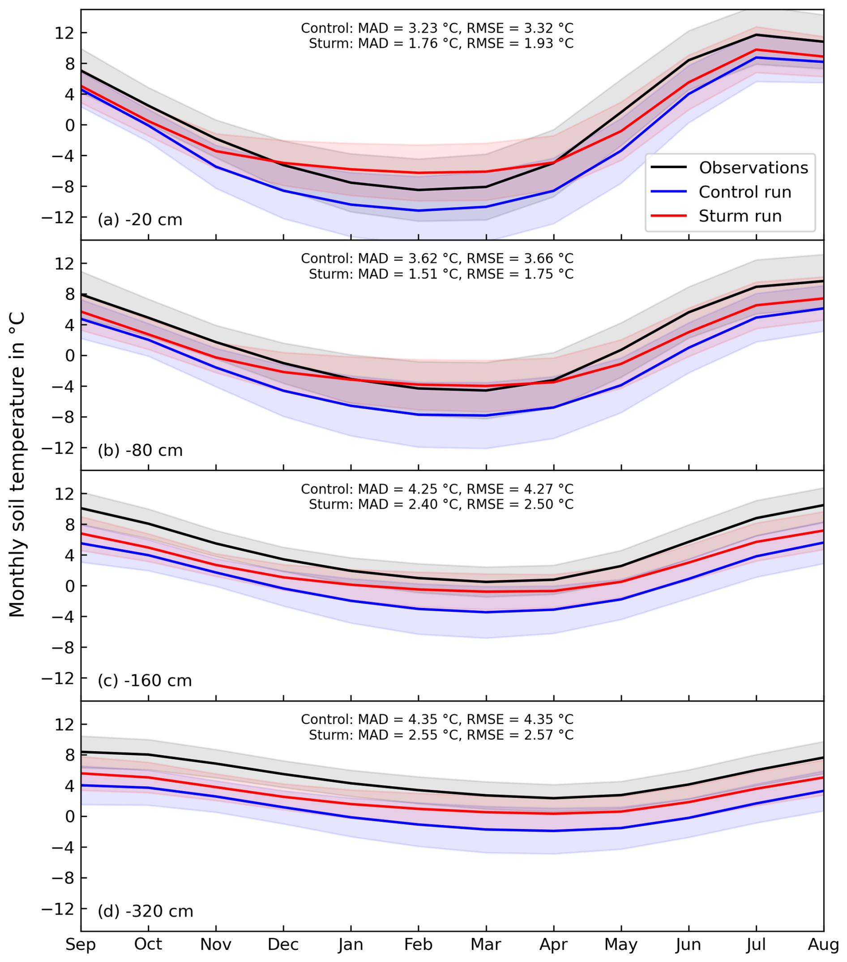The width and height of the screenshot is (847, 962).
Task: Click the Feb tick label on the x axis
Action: tap(418, 945)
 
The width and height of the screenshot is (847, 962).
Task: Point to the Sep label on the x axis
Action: tap(81, 945)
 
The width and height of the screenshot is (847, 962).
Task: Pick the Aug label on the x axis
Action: tap(823, 945)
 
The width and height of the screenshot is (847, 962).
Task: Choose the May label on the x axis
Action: tap(621, 945)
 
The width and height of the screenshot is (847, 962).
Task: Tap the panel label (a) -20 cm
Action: tap(140, 220)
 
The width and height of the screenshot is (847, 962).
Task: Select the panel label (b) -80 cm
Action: tap(140, 451)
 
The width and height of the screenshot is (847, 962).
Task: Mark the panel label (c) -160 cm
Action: tap(145, 681)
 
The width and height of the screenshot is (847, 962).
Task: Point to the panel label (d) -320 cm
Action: tap(145, 911)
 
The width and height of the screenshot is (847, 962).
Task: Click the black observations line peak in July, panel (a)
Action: tap(756, 35)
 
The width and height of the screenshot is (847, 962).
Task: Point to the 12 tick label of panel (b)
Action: tap(64, 264)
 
